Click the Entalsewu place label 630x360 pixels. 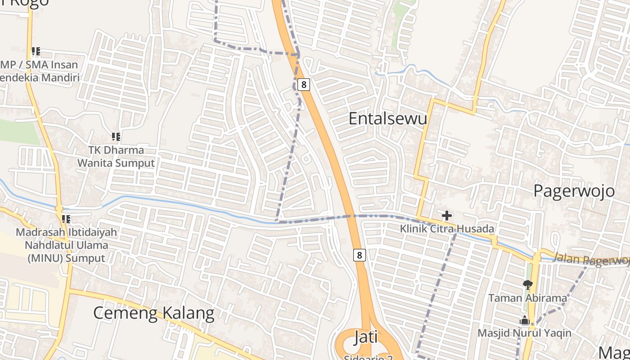pyautogui.click(x=387, y=118)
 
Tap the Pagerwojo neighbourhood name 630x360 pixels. pyautogui.click(x=573, y=191)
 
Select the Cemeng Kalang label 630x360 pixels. pyautogui.click(x=153, y=313)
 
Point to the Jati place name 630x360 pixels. pyautogui.click(x=365, y=337)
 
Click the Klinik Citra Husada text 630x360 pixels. pyautogui.click(x=447, y=229)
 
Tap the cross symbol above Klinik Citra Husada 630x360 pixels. pyautogui.click(x=446, y=216)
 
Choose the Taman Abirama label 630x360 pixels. pyautogui.click(x=527, y=298)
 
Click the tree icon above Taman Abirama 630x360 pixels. pyautogui.click(x=527, y=284)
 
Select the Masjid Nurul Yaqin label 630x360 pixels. pyautogui.click(x=524, y=333)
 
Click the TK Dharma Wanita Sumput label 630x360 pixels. pyautogui.click(x=116, y=157)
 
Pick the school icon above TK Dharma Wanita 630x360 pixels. pyautogui.click(x=116, y=136)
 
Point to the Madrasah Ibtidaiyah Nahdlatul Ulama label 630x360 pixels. pyautogui.click(x=66, y=245)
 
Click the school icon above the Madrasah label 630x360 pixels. pyautogui.click(x=66, y=219)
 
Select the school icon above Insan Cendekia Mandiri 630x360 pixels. pyautogui.click(x=36, y=51)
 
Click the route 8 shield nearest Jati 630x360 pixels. pyautogui.click(x=359, y=255)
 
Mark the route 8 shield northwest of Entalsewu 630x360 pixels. pyautogui.click(x=304, y=84)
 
